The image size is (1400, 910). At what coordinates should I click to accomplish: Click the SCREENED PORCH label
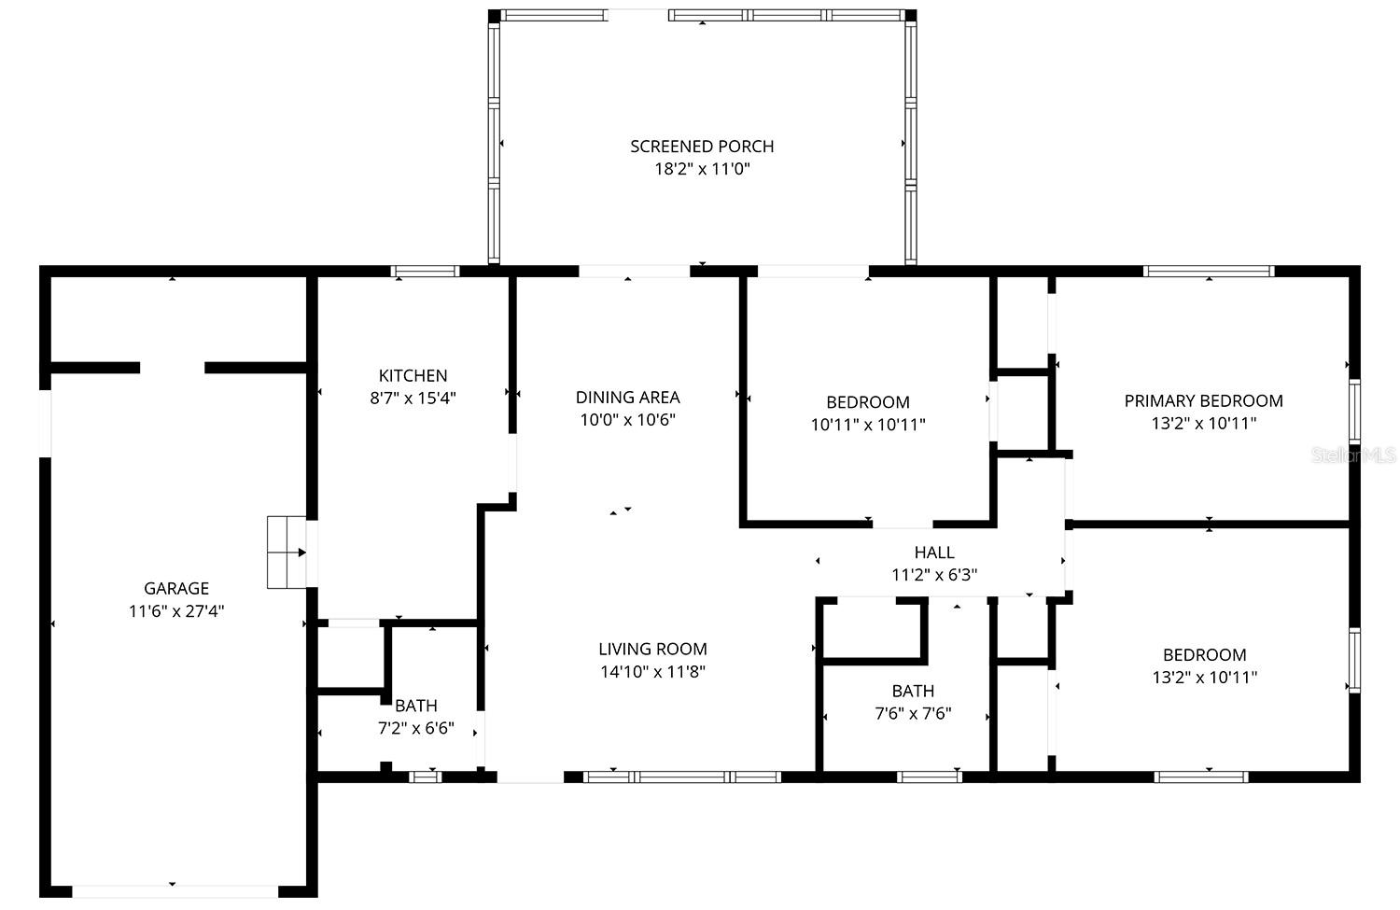tap(702, 147)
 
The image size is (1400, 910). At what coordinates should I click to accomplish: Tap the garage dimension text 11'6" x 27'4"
tap(176, 611)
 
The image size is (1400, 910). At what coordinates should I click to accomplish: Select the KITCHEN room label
tap(413, 375)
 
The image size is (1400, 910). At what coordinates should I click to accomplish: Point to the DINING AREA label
tap(627, 397)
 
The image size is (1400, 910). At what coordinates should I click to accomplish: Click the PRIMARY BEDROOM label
tap(1203, 400)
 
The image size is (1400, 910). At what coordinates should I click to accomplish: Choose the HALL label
tap(934, 553)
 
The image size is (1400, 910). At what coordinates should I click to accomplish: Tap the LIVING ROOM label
tap(652, 649)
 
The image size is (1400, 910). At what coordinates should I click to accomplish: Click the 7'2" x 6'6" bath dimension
tap(416, 728)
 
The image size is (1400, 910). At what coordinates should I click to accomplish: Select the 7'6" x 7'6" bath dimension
tap(913, 714)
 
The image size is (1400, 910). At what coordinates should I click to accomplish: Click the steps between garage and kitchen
tap(287, 552)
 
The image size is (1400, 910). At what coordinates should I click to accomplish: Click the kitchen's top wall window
tap(425, 272)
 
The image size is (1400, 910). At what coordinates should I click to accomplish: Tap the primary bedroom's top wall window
tap(1209, 272)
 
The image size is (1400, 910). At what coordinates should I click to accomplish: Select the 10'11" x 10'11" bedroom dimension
tap(868, 425)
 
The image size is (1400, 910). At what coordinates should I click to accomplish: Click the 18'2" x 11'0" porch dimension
tap(702, 169)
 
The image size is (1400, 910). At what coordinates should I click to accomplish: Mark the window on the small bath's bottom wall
tap(426, 776)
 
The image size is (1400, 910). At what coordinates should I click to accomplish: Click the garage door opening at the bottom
tap(175, 890)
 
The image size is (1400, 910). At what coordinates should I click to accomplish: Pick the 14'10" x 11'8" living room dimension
tap(652, 671)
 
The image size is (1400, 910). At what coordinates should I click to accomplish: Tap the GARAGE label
tap(176, 588)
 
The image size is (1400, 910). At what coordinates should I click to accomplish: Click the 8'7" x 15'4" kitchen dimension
tap(413, 398)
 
